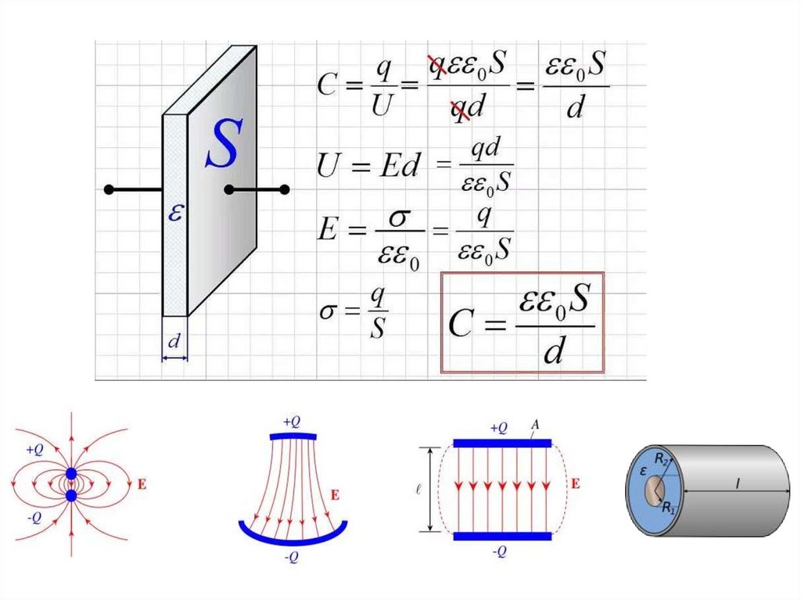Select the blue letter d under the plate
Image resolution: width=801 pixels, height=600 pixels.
point(174,341)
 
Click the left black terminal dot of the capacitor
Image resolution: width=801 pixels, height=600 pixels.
point(110,189)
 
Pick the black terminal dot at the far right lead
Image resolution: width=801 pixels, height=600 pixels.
point(285,189)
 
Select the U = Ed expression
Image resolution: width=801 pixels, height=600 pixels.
point(368,165)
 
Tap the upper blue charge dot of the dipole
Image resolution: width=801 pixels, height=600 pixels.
point(71,474)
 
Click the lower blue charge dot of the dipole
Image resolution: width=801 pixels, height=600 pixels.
point(71,495)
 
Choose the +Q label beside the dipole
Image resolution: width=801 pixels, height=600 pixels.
point(34,450)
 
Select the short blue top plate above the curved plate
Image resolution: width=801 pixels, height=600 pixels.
point(293,436)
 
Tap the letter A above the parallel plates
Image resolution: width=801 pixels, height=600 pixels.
point(536,425)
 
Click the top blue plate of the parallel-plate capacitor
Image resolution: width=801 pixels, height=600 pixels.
point(502,443)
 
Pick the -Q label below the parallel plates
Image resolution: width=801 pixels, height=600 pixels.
point(500,552)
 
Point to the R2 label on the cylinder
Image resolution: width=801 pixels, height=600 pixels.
point(661,460)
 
